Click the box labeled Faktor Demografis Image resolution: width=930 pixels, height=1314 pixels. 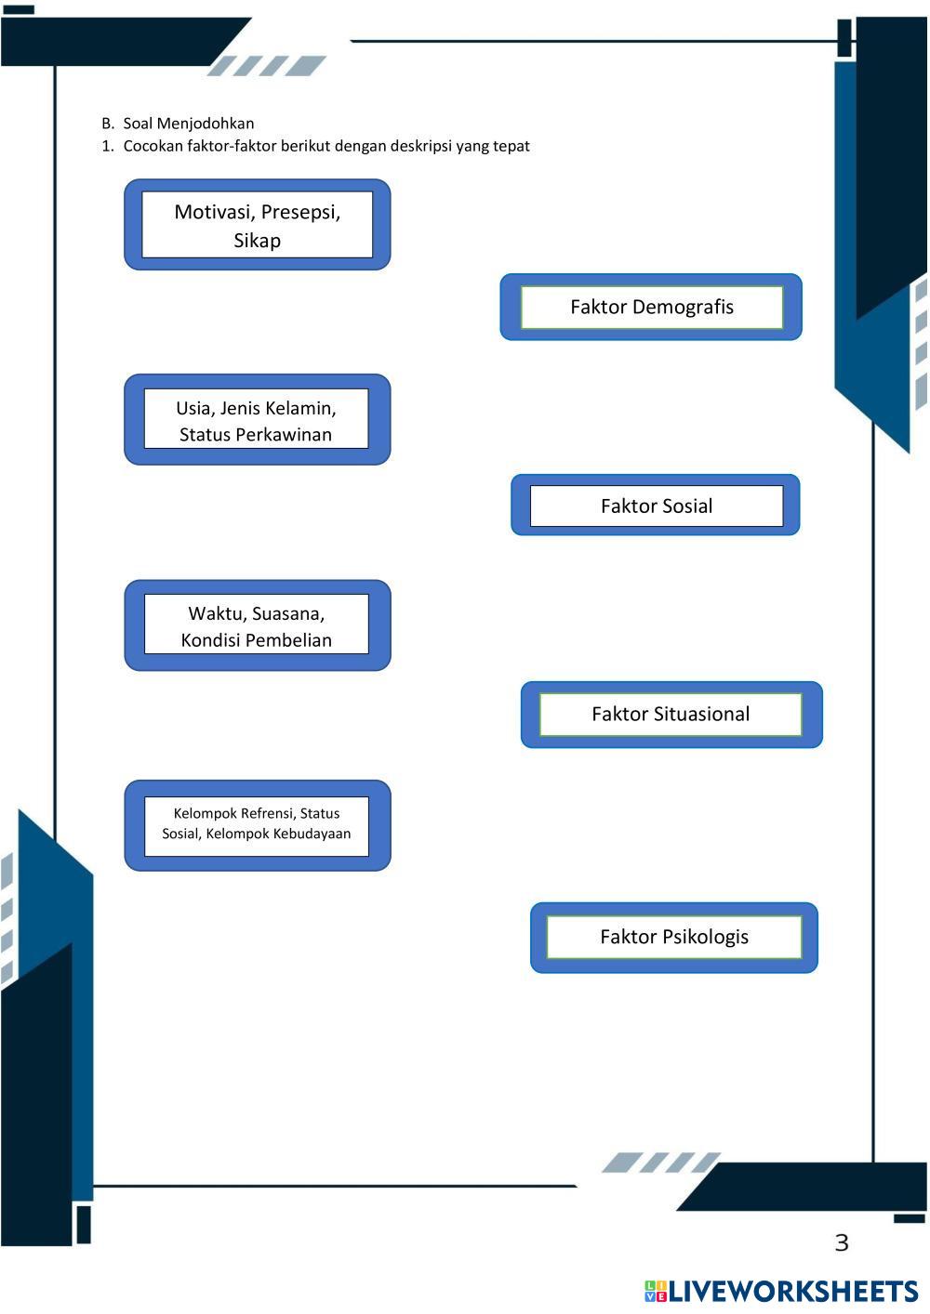coord(651,307)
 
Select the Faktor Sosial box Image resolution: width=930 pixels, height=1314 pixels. coord(656,506)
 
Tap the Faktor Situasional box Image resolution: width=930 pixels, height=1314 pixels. coord(671,714)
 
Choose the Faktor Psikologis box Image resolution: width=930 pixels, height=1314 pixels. coord(673,937)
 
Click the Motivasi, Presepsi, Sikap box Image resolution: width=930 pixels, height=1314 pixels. coord(257,225)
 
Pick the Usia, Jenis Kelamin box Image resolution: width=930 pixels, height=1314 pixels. coord(257,420)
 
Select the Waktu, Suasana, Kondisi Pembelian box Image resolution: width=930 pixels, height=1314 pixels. coord(257,625)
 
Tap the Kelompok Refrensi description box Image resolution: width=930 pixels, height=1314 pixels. coord(257,824)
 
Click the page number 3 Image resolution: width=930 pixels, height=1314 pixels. coord(842,1242)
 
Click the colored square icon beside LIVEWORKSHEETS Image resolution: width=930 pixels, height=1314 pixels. coord(656,1291)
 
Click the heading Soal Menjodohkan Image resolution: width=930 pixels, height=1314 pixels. coord(189,123)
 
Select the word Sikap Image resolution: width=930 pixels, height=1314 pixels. coord(257,240)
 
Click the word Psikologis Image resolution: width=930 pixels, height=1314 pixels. coord(705,937)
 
